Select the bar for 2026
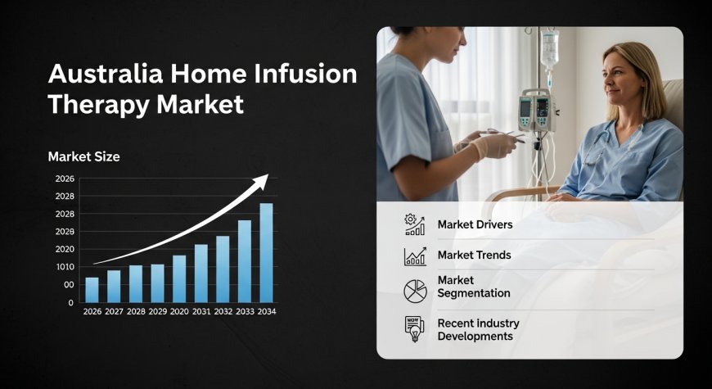[x=92, y=290]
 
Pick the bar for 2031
[x=201, y=273]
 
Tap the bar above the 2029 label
[x=157, y=283]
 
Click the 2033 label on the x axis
[x=245, y=311]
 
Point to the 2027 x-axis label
[x=114, y=311]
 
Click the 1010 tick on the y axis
[x=65, y=267]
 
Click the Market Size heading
[x=83, y=156]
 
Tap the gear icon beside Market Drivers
[x=415, y=224]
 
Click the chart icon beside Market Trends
[x=415, y=256]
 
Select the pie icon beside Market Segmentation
[x=415, y=290]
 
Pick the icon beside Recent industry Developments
[x=415, y=329]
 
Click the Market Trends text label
[x=474, y=255]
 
